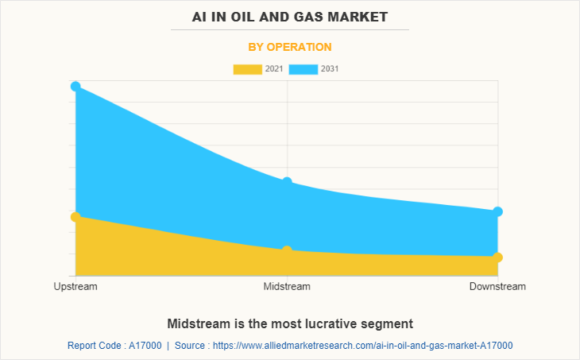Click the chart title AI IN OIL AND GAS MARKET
(x=289, y=16)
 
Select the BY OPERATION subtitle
(x=290, y=47)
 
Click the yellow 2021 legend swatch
(x=247, y=69)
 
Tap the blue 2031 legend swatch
(x=303, y=69)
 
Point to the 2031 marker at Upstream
(x=75, y=86)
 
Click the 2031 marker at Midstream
(x=287, y=182)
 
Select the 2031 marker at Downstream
(x=497, y=211)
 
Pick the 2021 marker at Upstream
(x=75, y=217)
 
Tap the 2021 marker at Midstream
(x=287, y=250)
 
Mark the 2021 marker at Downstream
(x=497, y=257)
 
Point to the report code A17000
(x=146, y=346)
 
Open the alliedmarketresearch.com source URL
(x=362, y=346)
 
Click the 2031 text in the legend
(x=330, y=69)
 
